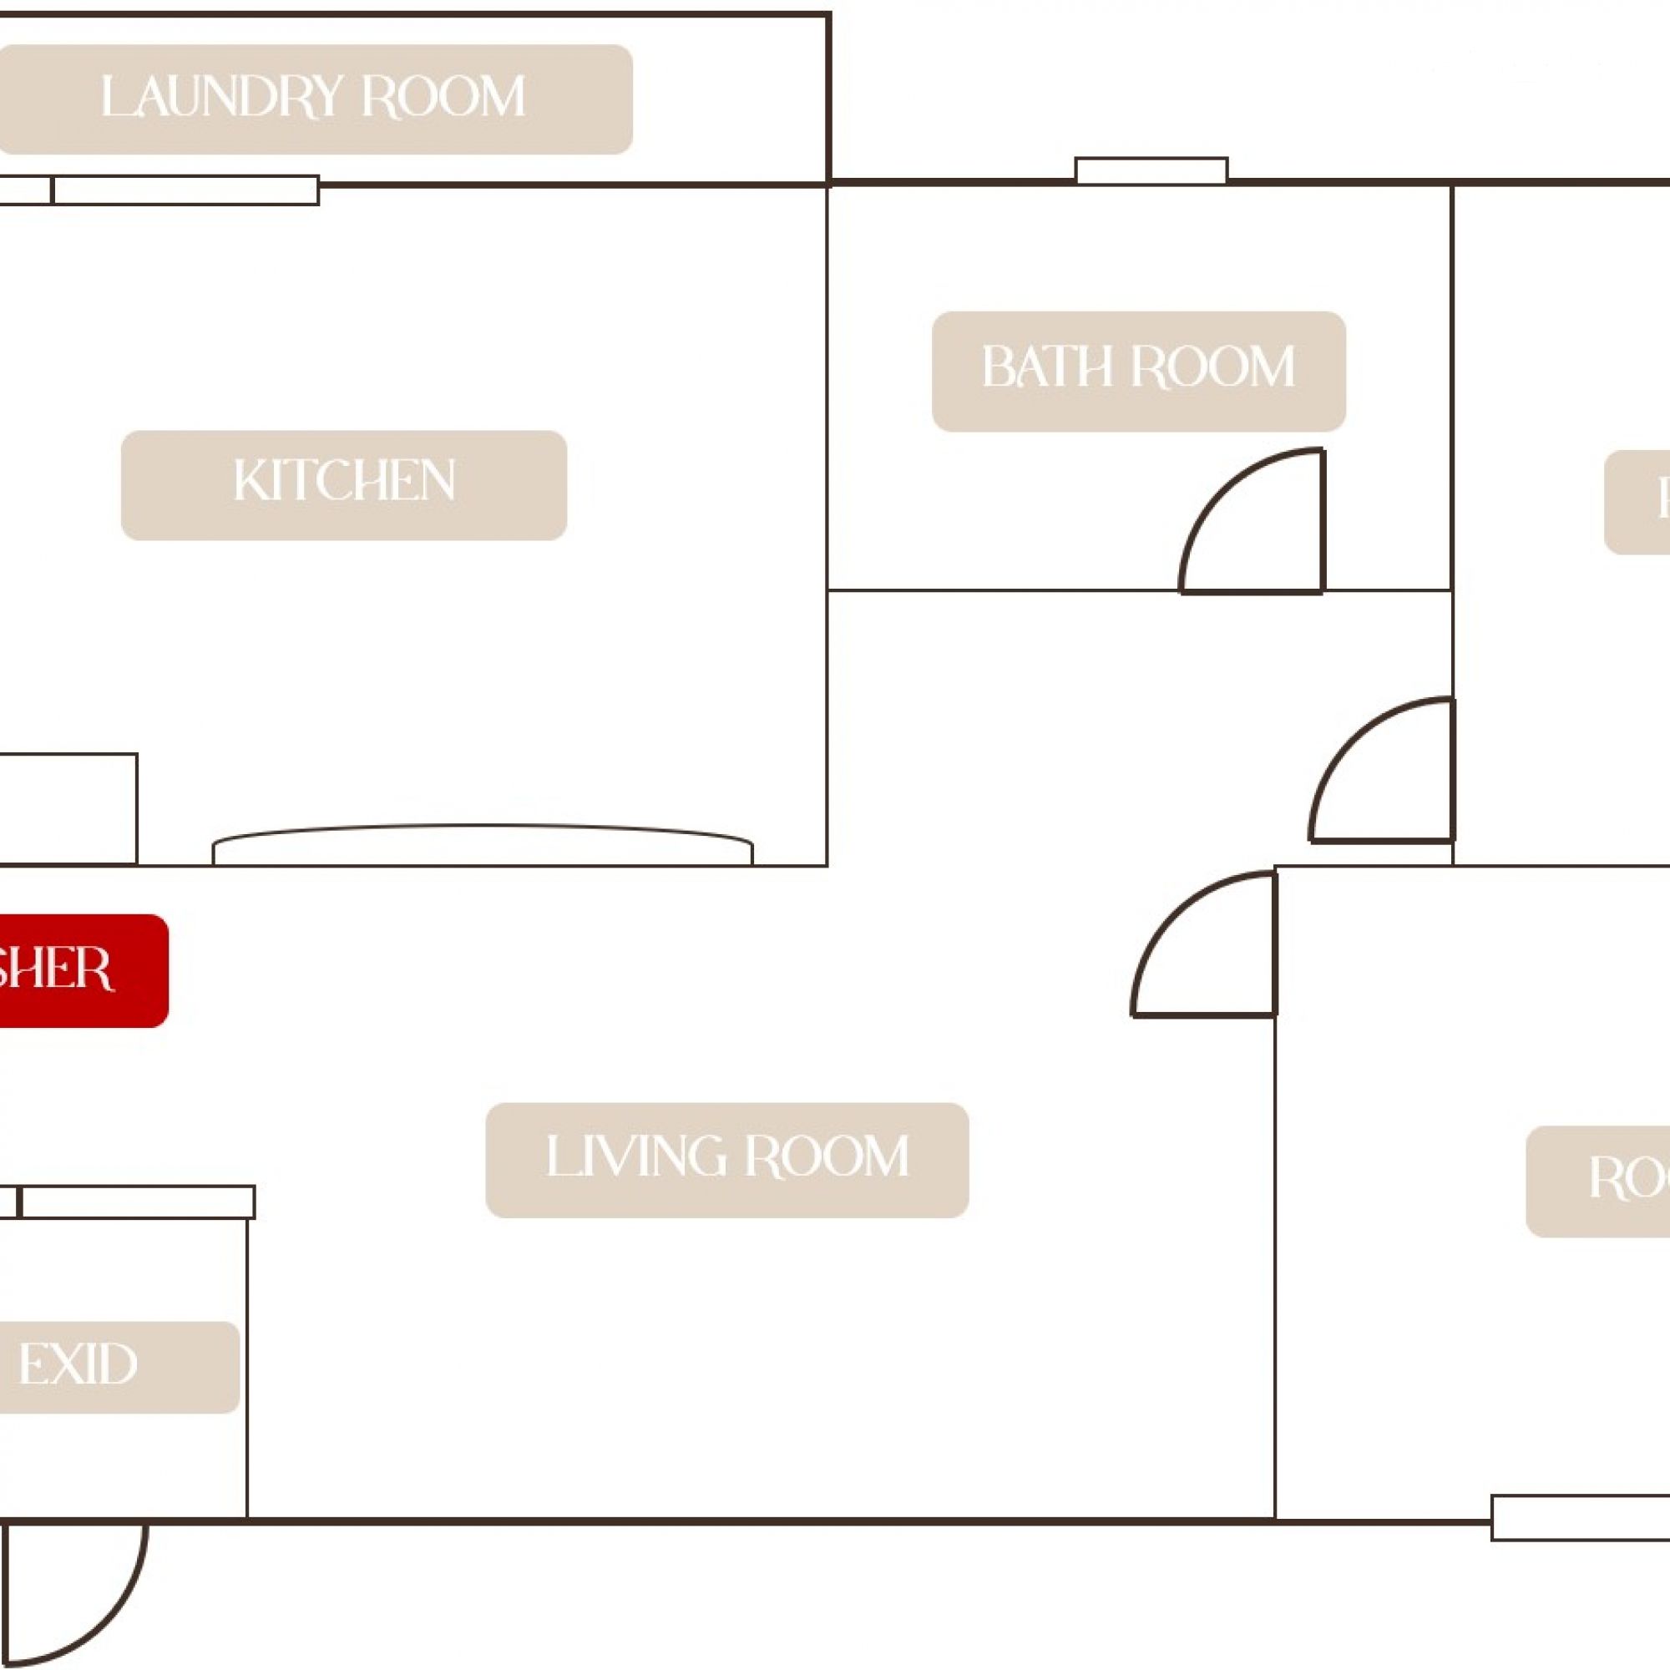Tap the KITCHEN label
pos(344,485)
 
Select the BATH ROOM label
pos(1138,371)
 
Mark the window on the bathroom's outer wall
pos(1151,171)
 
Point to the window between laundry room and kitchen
pos(185,190)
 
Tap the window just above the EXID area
pos(136,1202)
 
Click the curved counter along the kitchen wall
pos(483,845)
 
